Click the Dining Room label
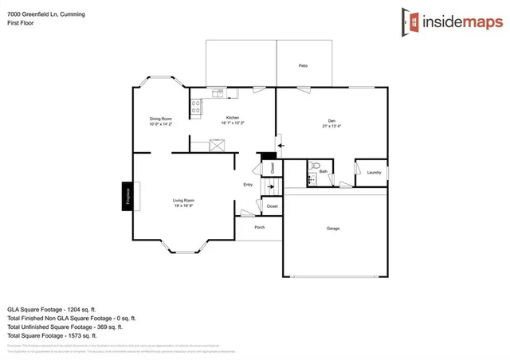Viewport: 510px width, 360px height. tap(160, 120)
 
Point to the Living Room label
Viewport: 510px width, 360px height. tap(184, 201)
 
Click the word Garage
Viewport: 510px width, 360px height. tap(333, 229)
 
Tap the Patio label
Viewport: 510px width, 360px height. tap(303, 65)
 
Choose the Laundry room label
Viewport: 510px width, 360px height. tap(374, 172)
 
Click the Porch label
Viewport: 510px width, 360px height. tap(259, 227)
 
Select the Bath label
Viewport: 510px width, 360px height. tap(324, 171)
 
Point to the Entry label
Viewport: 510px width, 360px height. tap(248, 185)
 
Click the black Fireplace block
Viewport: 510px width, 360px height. tap(127, 195)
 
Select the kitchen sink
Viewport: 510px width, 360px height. tap(217, 93)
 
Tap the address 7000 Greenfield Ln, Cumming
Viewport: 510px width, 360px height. tap(46, 14)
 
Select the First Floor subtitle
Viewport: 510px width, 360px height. tap(21, 23)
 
